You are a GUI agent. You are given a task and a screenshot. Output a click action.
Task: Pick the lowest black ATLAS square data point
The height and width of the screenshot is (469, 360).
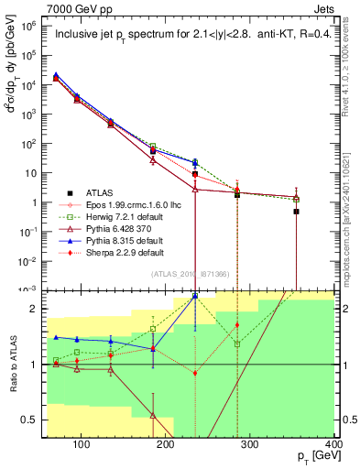click(297, 212)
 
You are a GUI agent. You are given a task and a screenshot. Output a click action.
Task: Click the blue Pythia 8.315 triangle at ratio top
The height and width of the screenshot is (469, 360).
click(195, 296)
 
